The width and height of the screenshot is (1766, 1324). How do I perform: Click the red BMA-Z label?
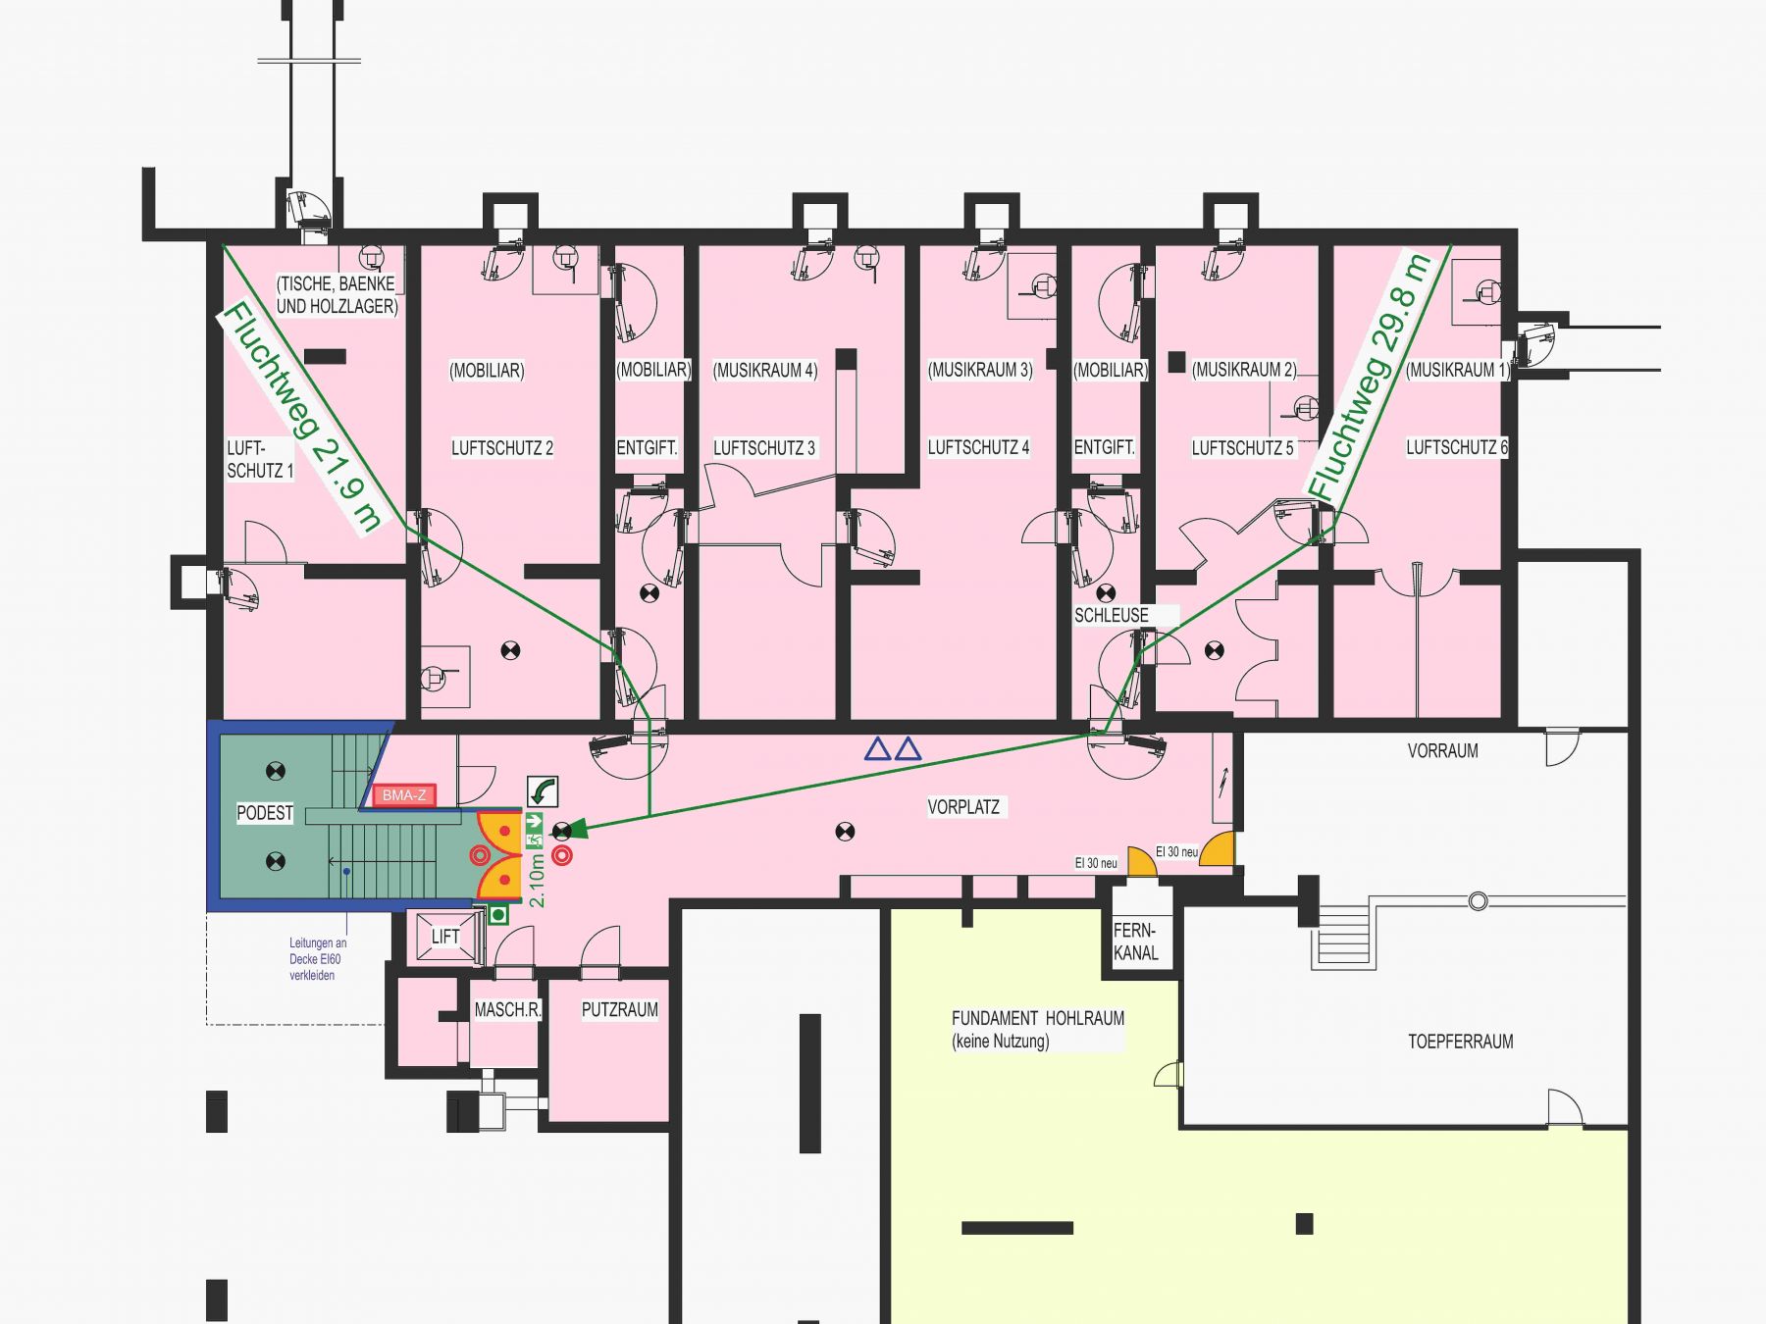pos(403,795)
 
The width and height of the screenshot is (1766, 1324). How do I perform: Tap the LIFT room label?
pos(445,937)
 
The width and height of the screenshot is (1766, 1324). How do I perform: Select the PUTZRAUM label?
pos(620,1009)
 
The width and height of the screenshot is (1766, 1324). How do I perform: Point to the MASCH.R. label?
pos(508,1009)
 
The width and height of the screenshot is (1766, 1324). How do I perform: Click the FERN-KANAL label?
pos(1136,942)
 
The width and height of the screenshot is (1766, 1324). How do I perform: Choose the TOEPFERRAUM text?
pos(1461,1042)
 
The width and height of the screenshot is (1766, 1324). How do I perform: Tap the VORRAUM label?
pos(1443,751)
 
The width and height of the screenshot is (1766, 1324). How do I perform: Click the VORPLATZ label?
pos(963,807)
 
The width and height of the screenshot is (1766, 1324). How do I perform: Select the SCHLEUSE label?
pos(1112,616)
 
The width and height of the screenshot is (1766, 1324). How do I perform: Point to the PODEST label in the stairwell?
pos(265,813)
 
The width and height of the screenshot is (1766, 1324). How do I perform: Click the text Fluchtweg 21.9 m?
pos(300,418)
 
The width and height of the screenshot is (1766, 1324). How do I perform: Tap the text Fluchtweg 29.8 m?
pos(1369,377)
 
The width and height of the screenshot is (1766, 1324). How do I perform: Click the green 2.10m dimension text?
pos(537,880)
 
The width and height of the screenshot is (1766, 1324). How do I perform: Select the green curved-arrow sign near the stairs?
pos(543,790)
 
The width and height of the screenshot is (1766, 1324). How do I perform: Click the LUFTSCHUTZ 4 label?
pos(979,448)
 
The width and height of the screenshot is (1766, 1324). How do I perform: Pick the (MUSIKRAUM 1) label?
pos(1458,370)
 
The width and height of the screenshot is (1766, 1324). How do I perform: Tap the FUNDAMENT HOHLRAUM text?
pos(1038,1018)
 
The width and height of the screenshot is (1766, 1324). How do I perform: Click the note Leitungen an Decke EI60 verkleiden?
pos(318,959)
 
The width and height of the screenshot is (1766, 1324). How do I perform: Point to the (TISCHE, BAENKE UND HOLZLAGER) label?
pos(337,294)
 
